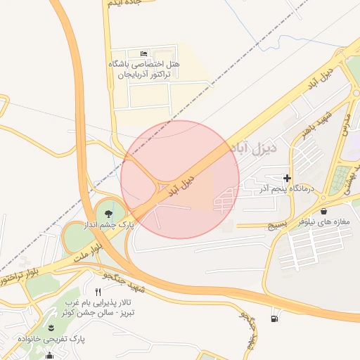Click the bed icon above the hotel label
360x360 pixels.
pos(144,53)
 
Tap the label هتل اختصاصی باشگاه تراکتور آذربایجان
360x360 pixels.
pos(143,69)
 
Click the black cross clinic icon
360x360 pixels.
pos(287,178)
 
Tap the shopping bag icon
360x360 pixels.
pos(323,210)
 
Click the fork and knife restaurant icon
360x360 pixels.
pos(98,291)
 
